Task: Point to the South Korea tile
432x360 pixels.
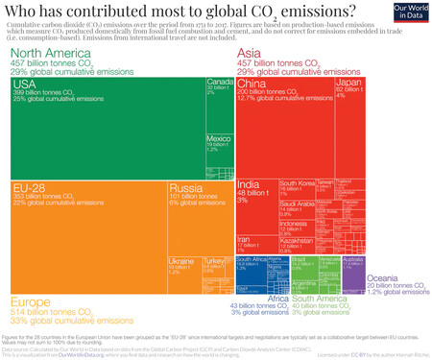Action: pyautogui.click(x=297, y=184)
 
